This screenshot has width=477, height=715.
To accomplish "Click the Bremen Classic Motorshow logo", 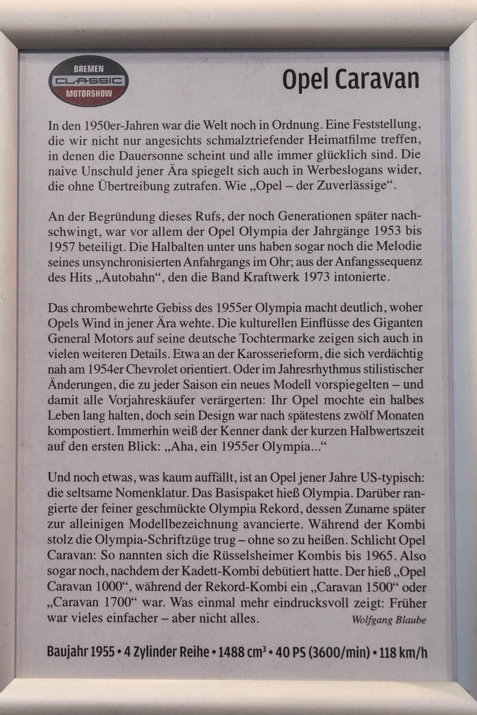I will (x=88, y=81).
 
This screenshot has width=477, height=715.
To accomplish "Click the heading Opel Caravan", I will (x=350, y=79).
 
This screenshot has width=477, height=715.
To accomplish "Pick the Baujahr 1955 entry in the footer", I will (x=80, y=651).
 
